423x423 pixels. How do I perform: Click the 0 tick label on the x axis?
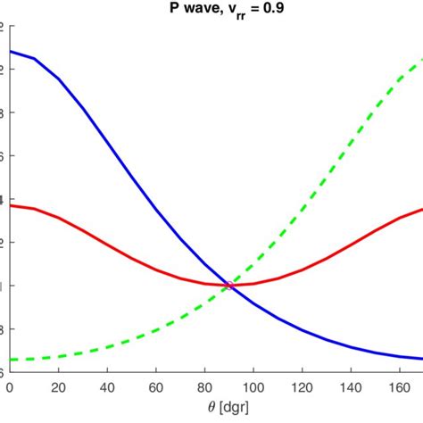tap(10, 387)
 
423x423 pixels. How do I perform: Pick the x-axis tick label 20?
tap(59, 387)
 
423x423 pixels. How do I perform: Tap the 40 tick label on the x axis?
tap(108, 387)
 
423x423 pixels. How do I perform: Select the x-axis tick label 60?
tap(157, 387)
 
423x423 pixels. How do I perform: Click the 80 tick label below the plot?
tap(205, 387)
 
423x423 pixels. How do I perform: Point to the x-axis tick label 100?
tap(254, 387)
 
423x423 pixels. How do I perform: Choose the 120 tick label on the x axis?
tap(303, 387)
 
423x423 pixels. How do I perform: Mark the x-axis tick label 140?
tap(352, 387)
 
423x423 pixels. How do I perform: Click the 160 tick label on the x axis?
tap(401, 387)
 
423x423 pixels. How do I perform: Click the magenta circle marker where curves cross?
tap(230, 286)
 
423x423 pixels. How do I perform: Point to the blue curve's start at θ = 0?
tap(10, 52)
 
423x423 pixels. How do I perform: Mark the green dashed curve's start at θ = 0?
tap(10, 359)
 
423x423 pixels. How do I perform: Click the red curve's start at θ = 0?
tap(10, 205)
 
